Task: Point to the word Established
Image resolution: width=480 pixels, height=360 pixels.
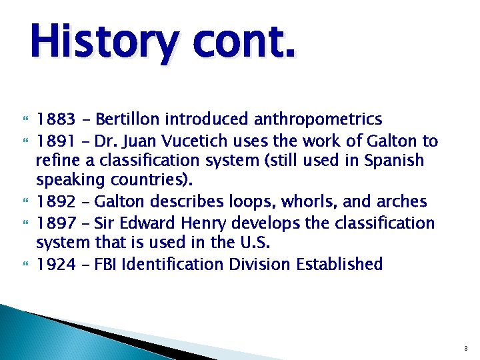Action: coord(341,264)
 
